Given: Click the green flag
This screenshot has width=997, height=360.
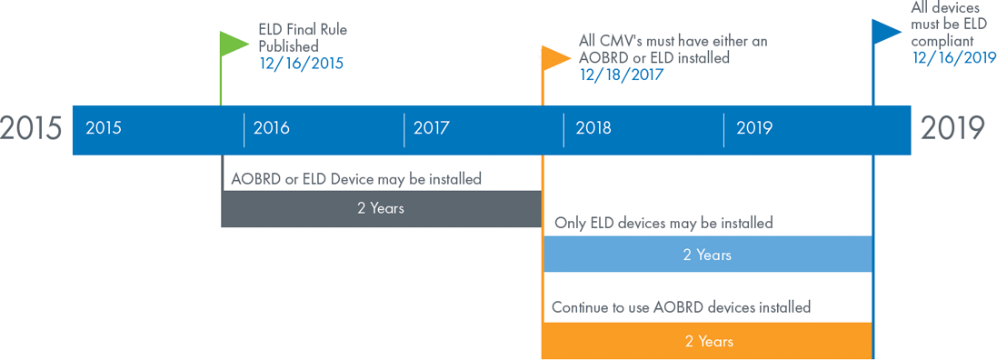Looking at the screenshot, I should point(234,43).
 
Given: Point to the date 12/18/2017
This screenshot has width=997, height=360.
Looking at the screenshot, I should point(622,75).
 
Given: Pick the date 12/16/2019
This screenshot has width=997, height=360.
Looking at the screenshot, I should point(954,57).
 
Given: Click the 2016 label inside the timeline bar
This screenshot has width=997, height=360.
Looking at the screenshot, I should point(272,128).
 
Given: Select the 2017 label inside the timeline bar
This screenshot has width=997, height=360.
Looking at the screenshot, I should point(431,128).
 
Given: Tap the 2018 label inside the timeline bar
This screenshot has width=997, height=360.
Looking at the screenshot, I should point(593,128).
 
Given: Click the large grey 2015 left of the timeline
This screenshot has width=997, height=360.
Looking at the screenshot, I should point(31,128).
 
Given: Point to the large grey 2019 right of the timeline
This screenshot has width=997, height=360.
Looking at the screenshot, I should point(952,128).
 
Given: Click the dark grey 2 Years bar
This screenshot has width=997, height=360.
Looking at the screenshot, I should point(381,208).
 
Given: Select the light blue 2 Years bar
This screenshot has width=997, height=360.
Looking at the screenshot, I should point(707,255).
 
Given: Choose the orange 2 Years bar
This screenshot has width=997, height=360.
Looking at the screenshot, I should point(707,342).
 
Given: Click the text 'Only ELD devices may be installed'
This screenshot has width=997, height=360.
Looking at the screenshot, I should point(663,224).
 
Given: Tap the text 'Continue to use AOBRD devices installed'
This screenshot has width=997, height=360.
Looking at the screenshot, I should point(681,308).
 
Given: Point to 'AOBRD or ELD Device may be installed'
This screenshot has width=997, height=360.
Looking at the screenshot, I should point(356,179).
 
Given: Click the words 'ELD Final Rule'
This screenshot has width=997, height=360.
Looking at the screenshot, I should point(303,30).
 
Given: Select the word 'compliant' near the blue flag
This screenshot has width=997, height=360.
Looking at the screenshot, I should point(942,41).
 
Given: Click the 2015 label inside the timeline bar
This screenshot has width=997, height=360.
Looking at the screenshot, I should point(104,128).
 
